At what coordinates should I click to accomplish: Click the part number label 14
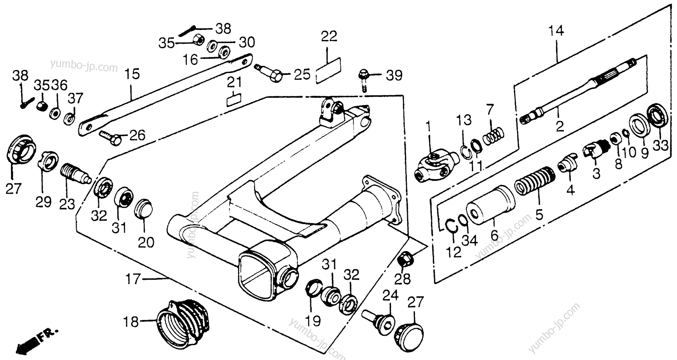coord(556,31)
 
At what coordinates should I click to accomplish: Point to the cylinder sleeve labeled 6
coord(490,205)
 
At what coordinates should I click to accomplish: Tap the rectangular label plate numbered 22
coord(328,70)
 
